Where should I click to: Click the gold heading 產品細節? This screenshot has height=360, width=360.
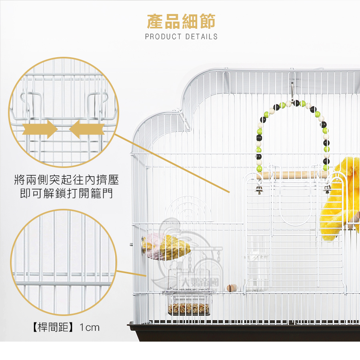[x=181, y=22]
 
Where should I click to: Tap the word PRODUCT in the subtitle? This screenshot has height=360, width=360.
[x=163, y=37]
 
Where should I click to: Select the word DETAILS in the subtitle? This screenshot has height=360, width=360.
[x=201, y=37]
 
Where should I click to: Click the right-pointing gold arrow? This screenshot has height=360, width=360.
[x=40, y=129]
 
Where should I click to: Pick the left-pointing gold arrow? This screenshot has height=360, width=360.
[x=87, y=129]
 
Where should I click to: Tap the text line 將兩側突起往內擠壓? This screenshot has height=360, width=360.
[x=66, y=180]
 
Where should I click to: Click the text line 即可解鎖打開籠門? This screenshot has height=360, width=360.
[x=66, y=193]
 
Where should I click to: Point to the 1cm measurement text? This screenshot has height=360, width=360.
[x=90, y=328]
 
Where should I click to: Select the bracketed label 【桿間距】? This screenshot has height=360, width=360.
[x=53, y=327]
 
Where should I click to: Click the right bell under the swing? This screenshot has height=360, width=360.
[x=327, y=189]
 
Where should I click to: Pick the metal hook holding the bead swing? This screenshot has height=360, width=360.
[x=292, y=90]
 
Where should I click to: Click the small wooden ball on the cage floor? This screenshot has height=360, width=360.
[x=231, y=288]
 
